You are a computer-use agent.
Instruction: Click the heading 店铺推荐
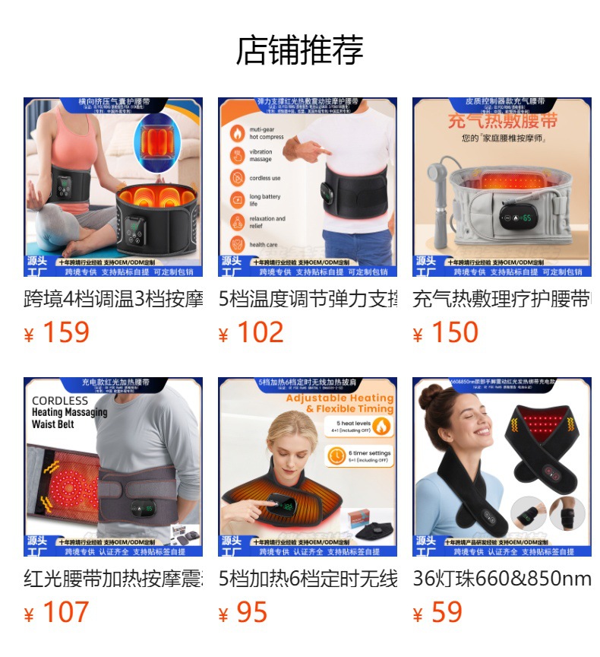pyautogui.click(x=300, y=50)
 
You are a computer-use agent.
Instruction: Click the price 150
pyautogui.click(x=454, y=332)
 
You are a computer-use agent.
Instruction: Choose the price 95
pyautogui.click(x=251, y=612)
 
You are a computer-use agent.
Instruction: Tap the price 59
pyautogui.click(x=446, y=612)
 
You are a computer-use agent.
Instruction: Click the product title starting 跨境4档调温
pyautogui.click(x=113, y=299)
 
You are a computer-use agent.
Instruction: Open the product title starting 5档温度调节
pyautogui.click(x=308, y=299)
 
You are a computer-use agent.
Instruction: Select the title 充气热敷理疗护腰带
pyautogui.click(x=501, y=299)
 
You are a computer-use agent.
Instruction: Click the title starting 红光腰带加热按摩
pyautogui.click(x=113, y=579)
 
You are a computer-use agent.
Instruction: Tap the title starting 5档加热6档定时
pyautogui.click(x=308, y=579)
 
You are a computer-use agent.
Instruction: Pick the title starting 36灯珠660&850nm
pyautogui.click(x=501, y=579)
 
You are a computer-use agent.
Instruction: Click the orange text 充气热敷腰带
pyautogui.click(x=502, y=122)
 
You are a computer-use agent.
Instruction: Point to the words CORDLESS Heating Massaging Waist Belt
pyautogui.click(x=69, y=412)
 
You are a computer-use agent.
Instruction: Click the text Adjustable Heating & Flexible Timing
pyautogui.click(x=339, y=403)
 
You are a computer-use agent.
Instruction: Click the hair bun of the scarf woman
pyautogui.click(x=431, y=396)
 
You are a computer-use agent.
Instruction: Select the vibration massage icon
pyautogui.click(x=238, y=155)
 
